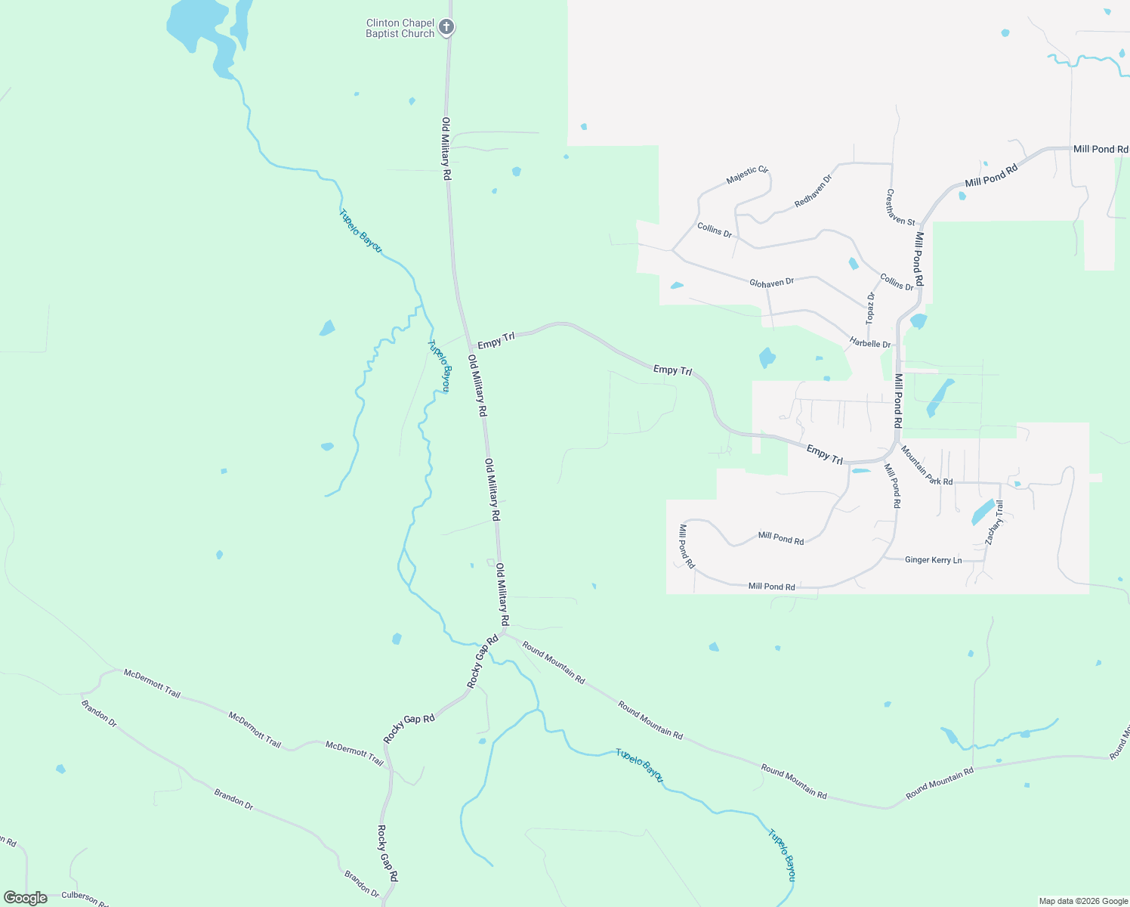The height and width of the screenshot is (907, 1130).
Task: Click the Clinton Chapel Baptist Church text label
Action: click(400, 29)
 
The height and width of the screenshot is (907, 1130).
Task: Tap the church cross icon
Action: click(446, 28)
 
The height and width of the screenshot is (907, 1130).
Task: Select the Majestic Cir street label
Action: click(747, 175)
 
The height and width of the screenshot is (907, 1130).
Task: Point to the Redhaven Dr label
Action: click(813, 191)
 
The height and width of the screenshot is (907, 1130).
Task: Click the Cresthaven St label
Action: click(900, 207)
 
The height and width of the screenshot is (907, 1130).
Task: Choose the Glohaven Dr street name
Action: click(771, 283)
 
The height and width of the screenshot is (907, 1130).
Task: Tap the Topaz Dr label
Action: click(870, 308)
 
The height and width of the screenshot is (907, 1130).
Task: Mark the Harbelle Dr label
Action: click(870, 343)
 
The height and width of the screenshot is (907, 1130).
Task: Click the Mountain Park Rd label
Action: click(926, 466)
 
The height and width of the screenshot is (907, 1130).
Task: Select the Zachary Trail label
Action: click(994, 522)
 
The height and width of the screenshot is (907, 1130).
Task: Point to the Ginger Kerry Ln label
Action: click(933, 560)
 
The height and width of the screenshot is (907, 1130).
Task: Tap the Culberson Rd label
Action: click(85, 897)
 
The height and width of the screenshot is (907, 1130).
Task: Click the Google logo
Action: click(26, 898)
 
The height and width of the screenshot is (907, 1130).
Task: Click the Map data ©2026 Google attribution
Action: click(1083, 901)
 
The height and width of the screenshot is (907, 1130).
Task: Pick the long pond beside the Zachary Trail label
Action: click(983, 512)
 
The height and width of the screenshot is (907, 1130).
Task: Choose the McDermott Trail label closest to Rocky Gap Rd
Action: click(354, 753)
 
